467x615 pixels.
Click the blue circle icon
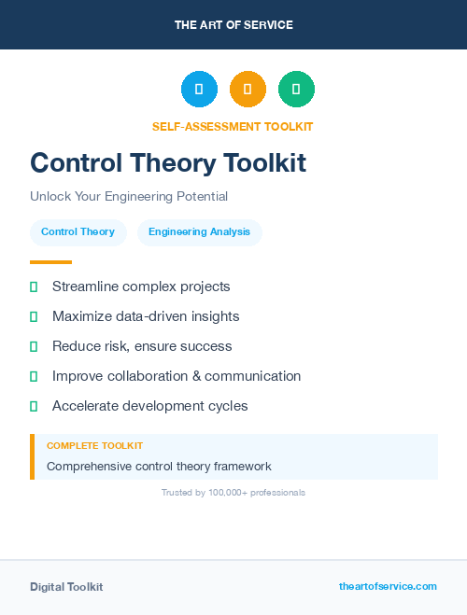click(199, 89)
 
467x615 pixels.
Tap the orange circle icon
click(248, 89)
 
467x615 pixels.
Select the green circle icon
click(296, 89)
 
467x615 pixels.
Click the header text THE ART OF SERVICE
click(233, 25)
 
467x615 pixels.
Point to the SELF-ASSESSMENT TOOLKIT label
click(233, 127)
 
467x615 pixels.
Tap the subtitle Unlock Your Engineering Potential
click(129, 197)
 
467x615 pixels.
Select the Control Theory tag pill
click(78, 232)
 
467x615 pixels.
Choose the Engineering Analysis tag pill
click(199, 232)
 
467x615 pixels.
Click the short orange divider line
click(50, 262)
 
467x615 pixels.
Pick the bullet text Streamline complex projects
click(141, 287)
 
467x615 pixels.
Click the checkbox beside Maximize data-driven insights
click(34, 316)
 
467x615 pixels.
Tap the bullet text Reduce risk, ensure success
click(142, 346)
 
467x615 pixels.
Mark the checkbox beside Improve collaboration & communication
click(34, 376)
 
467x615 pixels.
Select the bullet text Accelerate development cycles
click(149, 406)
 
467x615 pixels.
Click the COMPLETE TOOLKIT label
click(94, 446)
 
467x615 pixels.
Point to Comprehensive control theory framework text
click(159, 466)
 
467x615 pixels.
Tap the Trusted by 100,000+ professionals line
click(233, 492)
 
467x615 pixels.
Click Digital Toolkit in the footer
click(66, 587)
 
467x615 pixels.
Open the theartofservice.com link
click(388, 586)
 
